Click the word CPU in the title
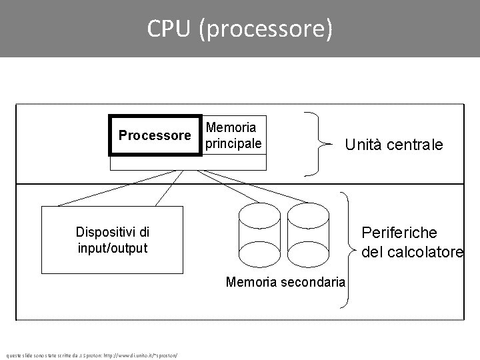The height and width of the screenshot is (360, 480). pyautogui.click(x=169, y=29)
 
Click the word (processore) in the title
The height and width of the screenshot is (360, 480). pyautogui.click(x=265, y=29)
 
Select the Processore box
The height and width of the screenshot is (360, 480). pyautogui.click(x=155, y=136)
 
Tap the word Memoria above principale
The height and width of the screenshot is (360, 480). pyautogui.click(x=231, y=127)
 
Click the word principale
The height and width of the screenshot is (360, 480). pyautogui.click(x=233, y=143)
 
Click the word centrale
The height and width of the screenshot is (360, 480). pyautogui.click(x=415, y=145)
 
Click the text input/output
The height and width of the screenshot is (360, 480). pyautogui.click(x=112, y=248)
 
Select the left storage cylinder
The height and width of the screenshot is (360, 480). pyautogui.click(x=257, y=233)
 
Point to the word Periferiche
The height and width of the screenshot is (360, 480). pyautogui.click(x=399, y=233)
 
